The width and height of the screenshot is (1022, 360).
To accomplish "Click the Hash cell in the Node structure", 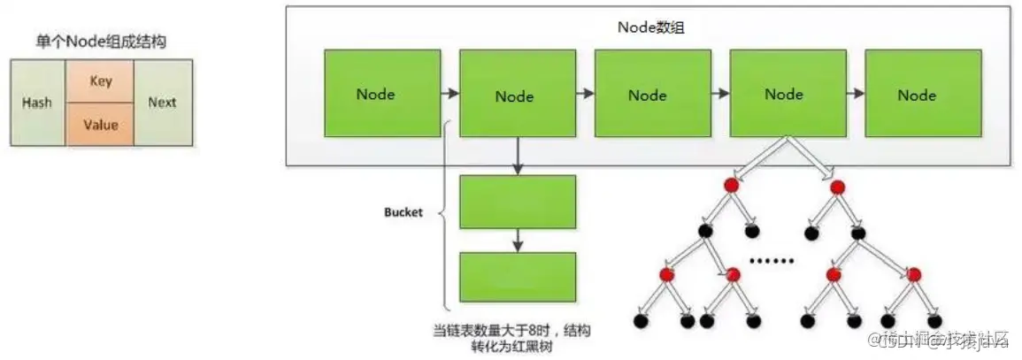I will click(x=36, y=103).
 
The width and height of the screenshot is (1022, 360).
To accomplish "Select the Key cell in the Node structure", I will click(x=100, y=81).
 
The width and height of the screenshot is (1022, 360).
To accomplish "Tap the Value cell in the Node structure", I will click(x=100, y=125).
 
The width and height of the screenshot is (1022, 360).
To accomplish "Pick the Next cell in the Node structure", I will click(x=162, y=103).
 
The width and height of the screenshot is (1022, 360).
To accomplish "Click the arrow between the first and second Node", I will click(x=450, y=92).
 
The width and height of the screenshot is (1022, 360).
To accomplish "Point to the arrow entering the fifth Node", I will click(x=854, y=92).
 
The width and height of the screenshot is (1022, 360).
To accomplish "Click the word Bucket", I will click(x=403, y=214).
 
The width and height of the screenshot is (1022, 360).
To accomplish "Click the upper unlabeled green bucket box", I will click(x=518, y=203).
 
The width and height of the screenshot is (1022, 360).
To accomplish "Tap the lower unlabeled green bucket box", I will click(x=518, y=277).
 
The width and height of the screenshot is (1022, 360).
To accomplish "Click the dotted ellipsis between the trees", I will click(x=772, y=261).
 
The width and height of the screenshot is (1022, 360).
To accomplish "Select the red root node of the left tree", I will click(x=731, y=187).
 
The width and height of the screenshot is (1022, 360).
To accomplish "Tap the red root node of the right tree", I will click(x=837, y=187).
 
